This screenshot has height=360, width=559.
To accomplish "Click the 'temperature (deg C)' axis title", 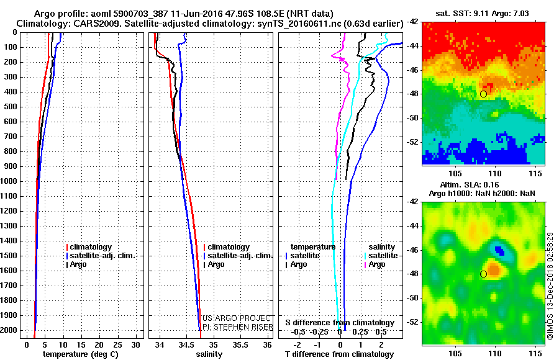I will click(x=80, y=354).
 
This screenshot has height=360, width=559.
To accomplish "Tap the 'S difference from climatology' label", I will click(x=340, y=323).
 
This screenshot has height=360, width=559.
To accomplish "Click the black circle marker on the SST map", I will click(x=483, y=94).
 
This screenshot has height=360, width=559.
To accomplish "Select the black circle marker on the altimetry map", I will click(x=483, y=274).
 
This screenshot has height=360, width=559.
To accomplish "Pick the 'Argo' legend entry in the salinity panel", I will click(x=216, y=264).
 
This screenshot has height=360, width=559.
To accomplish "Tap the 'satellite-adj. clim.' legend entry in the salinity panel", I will click(x=239, y=256).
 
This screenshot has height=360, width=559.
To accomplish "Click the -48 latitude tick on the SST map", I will click(x=413, y=94).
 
